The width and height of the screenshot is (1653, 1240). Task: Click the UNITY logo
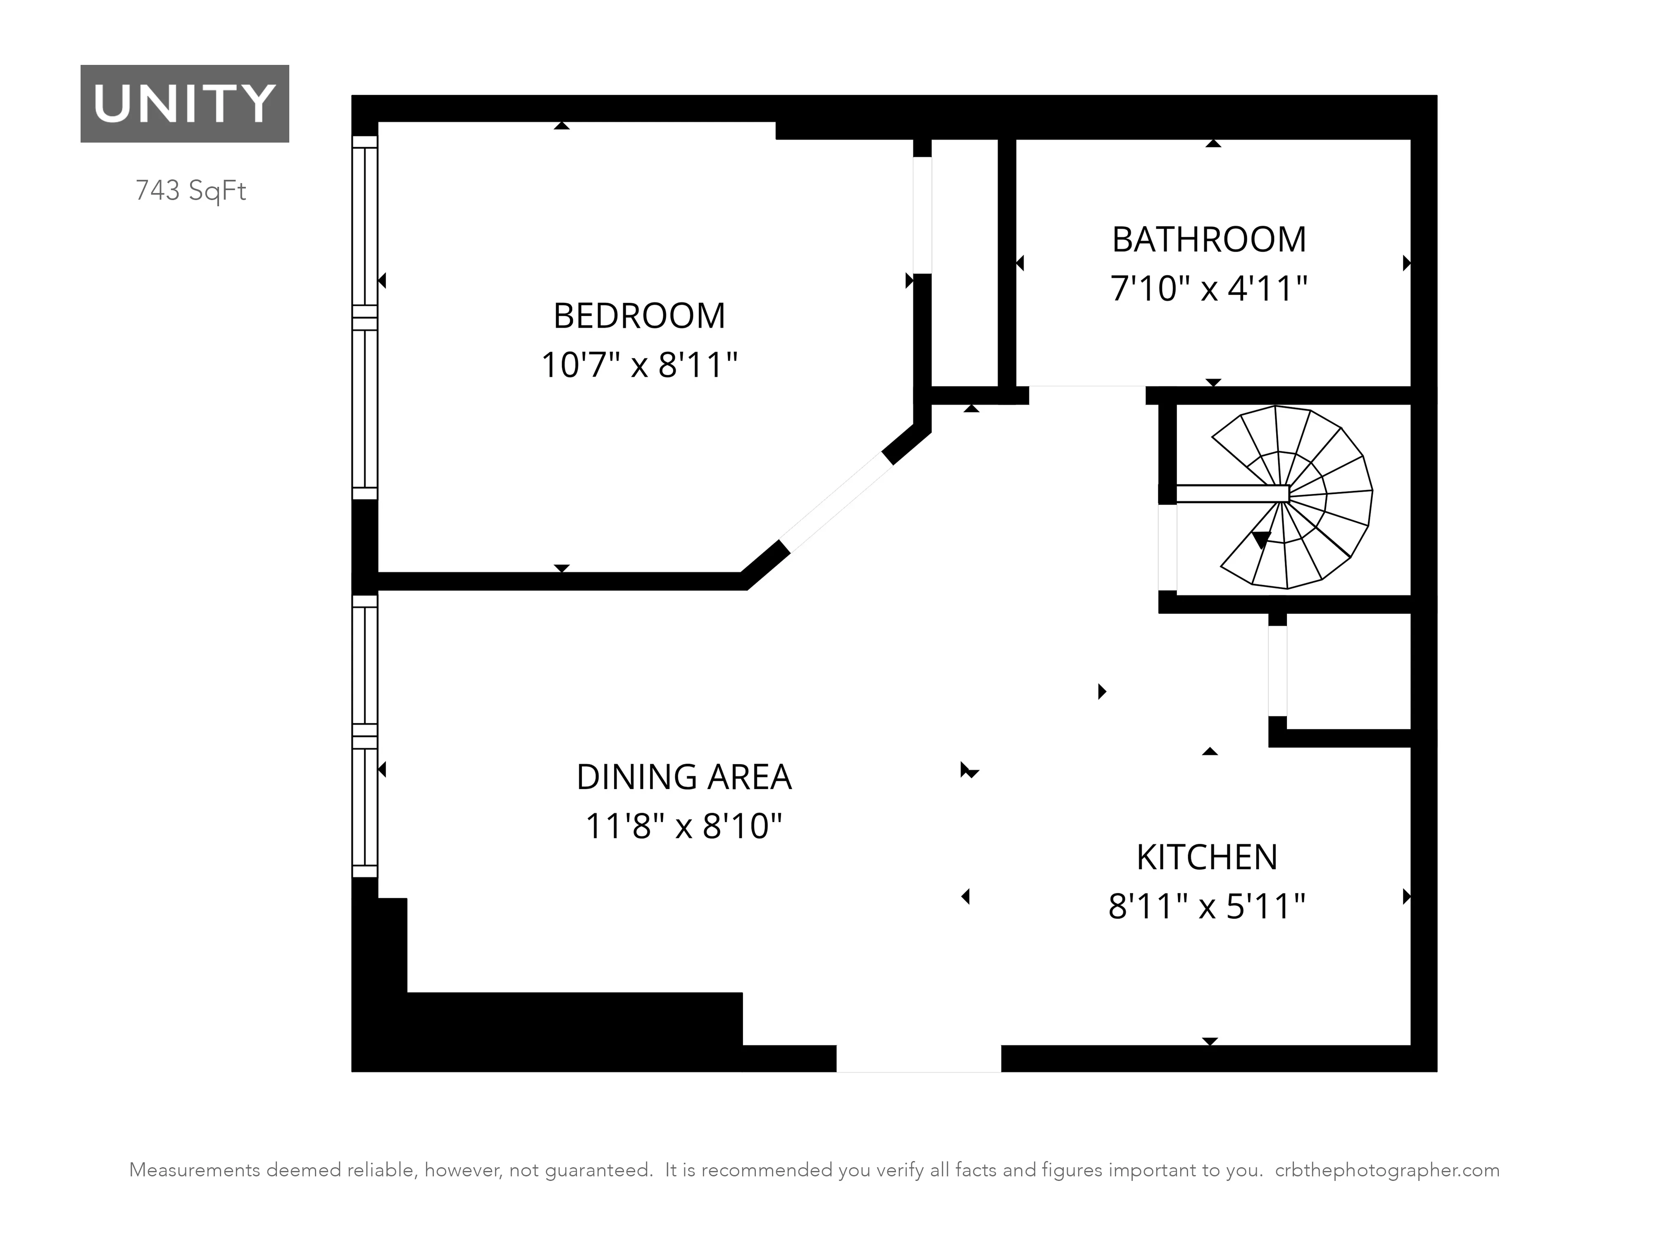click(185, 103)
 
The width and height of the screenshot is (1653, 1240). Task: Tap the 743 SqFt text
click(191, 191)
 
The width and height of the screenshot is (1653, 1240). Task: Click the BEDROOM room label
click(639, 315)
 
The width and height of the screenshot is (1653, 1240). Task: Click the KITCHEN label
click(1207, 857)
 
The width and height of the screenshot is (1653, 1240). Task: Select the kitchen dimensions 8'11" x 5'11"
click(1207, 906)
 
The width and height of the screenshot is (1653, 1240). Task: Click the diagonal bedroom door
click(837, 502)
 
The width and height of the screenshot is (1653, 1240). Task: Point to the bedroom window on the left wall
click(364, 318)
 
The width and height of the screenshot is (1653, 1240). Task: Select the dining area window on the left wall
click(364, 736)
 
